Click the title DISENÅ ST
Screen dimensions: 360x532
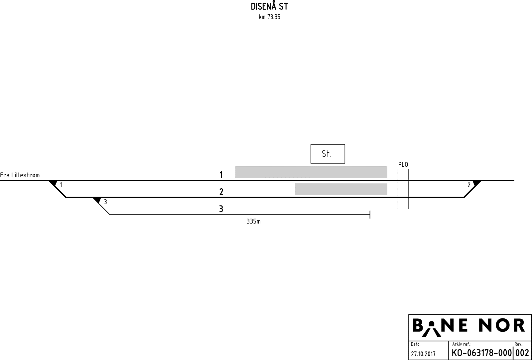pos(269,7)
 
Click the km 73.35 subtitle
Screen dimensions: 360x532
pos(269,17)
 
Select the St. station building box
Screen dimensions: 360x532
pos(328,154)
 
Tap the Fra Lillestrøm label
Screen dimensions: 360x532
pos(20,175)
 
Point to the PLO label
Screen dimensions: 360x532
pos(403,165)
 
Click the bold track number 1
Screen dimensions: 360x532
pos(221,175)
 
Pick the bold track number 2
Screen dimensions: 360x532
pos(221,192)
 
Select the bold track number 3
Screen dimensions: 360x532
pos(221,209)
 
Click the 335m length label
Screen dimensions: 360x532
pos(253,222)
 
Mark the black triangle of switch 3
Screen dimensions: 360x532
pos(97,200)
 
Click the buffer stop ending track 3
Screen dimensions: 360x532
pos(370,215)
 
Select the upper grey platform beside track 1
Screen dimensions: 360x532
pos(311,172)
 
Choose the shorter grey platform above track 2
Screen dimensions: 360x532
pos(341,189)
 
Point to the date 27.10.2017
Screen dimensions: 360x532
pos(423,354)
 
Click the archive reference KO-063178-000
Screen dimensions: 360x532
pos(481,353)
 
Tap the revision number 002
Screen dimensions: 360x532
pos(522,353)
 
